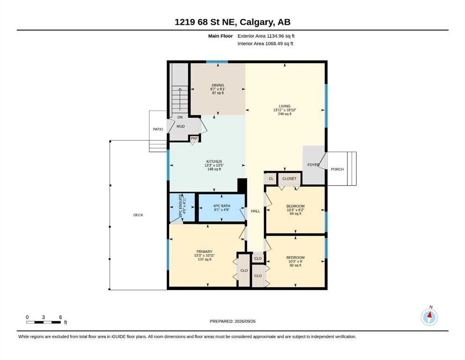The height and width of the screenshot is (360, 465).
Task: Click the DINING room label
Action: [x=218, y=85]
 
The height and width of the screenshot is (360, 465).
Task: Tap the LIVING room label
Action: [x=284, y=106]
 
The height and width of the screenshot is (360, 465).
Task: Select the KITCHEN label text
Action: [x=214, y=161]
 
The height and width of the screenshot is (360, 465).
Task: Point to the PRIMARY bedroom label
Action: [x=204, y=251]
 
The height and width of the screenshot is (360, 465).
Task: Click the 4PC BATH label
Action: [x=221, y=206]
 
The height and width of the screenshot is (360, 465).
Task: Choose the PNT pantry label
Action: [x=194, y=138]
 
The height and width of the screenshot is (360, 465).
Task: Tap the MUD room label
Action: [x=181, y=126]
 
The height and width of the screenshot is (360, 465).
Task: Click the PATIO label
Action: [x=158, y=129]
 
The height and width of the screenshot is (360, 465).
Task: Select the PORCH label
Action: [x=337, y=169]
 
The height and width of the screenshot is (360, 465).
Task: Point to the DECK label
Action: [x=138, y=215]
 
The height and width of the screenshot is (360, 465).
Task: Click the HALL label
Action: [x=255, y=211]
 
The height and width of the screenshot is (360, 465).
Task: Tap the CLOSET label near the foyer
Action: [x=289, y=179]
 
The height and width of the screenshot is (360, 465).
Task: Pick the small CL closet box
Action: [x=271, y=179]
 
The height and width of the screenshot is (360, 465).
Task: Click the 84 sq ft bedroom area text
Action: [x=295, y=214]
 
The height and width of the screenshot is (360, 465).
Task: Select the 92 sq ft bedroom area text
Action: [x=295, y=265]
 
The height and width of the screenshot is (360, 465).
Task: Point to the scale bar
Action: [x=43, y=322]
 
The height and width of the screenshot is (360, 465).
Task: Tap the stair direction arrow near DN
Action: [x=180, y=100]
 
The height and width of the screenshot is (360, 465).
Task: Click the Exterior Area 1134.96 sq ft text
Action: [x=266, y=36]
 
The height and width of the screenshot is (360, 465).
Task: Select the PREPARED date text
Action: [x=232, y=321]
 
